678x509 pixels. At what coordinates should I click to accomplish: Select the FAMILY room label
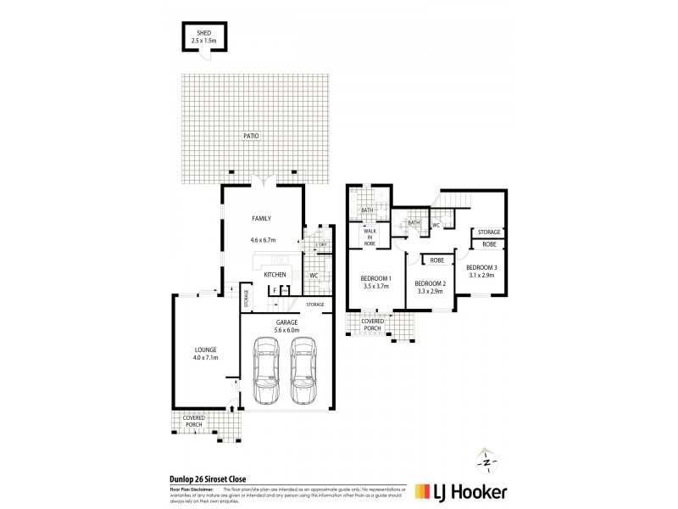point(261,219)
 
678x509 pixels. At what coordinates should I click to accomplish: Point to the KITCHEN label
point(275,276)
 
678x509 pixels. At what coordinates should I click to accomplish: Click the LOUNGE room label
point(205,350)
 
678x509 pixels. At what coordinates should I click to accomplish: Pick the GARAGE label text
point(284,322)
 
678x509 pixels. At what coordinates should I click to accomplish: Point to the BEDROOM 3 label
point(481,267)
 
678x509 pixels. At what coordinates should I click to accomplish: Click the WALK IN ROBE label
point(370,236)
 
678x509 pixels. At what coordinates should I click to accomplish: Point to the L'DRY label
point(321,245)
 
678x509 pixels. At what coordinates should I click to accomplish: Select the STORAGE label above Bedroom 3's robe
point(489,232)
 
